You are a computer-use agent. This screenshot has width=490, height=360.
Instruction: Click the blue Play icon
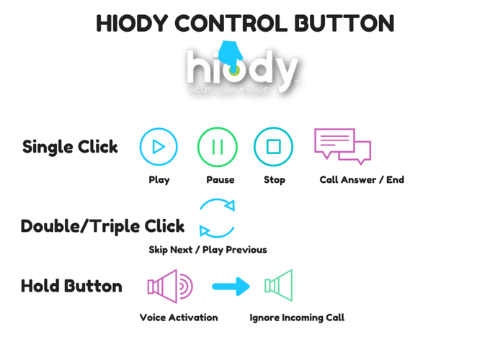pyautogui.click(x=159, y=147)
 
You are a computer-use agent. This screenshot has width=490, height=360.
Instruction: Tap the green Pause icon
pyautogui.click(x=217, y=147)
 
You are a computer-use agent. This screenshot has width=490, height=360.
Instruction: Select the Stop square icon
pyautogui.click(x=273, y=147)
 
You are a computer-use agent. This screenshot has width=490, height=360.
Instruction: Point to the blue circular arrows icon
pyautogui.click(x=217, y=217)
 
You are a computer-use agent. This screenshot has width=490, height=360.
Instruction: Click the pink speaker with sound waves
pyautogui.click(x=170, y=287)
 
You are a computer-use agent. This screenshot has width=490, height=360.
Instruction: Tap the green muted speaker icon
pyautogui.click(x=279, y=286)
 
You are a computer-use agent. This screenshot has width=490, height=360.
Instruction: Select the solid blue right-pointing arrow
pyautogui.click(x=231, y=287)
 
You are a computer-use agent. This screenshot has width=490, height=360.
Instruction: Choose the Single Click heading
pyautogui.click(x=70, y=147)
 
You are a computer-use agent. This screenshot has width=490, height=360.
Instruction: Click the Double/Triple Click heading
pyautogui.click(x=102, y=226)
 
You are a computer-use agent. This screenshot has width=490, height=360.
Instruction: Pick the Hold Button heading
pyautogui.click(x=71, y=286)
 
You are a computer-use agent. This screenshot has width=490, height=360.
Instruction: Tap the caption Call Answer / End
pyautogui.click(x=362, y=180)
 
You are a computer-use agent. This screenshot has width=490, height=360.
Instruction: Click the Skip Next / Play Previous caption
pyautogui.click(x=208, y=250)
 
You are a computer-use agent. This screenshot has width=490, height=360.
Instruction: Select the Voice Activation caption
pyautogui.click(x=179, y=318)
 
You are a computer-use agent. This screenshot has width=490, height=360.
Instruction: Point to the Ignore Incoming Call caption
pyautogui.click(x=297, y=318)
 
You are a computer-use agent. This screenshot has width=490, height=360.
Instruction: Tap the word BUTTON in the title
pyautogui.click(x=344, y=24)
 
